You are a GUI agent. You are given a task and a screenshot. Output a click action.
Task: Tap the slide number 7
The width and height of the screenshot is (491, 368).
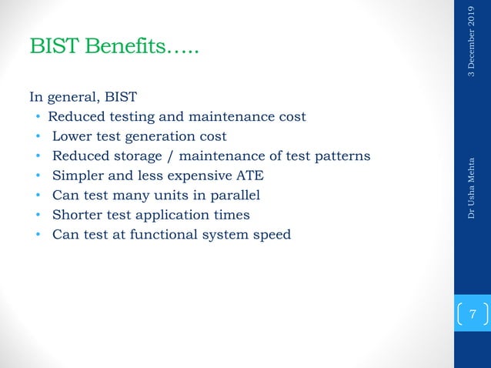473,315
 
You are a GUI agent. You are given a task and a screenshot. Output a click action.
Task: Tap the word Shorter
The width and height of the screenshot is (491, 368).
77,215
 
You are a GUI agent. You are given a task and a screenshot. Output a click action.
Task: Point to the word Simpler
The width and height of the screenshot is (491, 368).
77,176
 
